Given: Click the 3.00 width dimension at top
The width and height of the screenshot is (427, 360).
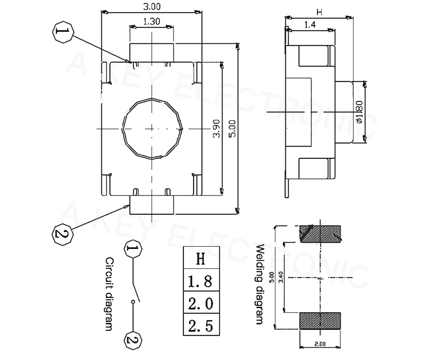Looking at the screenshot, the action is click(x=151, y=6).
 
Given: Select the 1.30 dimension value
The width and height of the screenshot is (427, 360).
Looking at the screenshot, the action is click(x=151, y=21).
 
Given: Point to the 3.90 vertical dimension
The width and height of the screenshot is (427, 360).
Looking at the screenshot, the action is click(x=216, y=128).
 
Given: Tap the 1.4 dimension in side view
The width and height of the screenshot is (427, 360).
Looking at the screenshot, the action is click(x=310, y=25).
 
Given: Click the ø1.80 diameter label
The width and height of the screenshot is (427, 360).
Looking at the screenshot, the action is click(x=359, y=112).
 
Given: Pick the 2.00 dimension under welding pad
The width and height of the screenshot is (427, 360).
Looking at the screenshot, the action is click(x=320, y=344).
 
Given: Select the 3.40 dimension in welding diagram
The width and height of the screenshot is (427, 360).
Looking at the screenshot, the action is click(x=281, y=277).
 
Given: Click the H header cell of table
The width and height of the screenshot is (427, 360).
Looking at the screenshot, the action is click(x=201, y=258).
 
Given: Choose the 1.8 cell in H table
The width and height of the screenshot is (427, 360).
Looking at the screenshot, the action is click(x=201, y=280).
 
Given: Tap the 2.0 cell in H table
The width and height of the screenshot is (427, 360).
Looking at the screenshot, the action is click(x=201, y=302).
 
